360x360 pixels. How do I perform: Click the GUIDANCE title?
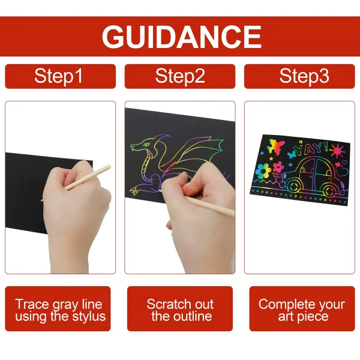tap(181, 37)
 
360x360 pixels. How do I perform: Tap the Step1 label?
tap(58, 76)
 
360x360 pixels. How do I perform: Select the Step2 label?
tap(180, 76)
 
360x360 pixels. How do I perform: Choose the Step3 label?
tap(304, 76)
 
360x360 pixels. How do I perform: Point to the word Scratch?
tap(164, 304)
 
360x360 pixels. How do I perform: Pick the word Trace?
tap(32, 304)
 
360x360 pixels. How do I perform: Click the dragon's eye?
tap(146, 145)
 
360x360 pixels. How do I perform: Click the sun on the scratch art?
tap(337, 150)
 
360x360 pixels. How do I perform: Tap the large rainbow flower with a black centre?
tap(263, 171)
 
